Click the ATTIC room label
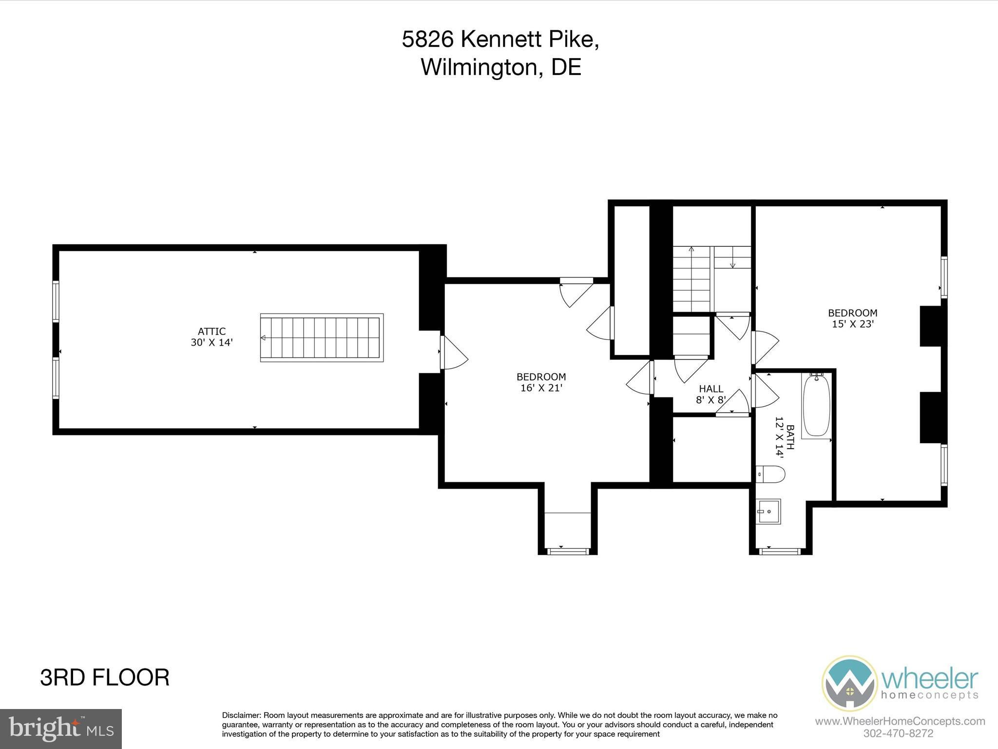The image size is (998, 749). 211,332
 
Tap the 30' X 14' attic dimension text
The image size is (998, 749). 211,342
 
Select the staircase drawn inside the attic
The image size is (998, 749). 322,337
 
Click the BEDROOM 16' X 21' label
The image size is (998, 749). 541,382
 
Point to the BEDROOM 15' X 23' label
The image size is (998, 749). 853,318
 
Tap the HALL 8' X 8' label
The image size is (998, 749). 711,394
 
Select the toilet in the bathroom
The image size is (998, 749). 770,473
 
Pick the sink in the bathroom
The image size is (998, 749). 768,511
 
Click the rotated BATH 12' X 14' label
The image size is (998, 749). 785,437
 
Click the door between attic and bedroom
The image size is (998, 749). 453,352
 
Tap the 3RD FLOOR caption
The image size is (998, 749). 105,678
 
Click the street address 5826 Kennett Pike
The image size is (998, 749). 500,39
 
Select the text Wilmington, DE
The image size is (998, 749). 501,67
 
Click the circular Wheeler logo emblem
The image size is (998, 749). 849,683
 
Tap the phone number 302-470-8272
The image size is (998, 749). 898,733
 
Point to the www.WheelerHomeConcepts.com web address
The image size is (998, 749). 900,721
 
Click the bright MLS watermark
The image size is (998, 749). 61,729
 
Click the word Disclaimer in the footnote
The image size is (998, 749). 241,715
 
